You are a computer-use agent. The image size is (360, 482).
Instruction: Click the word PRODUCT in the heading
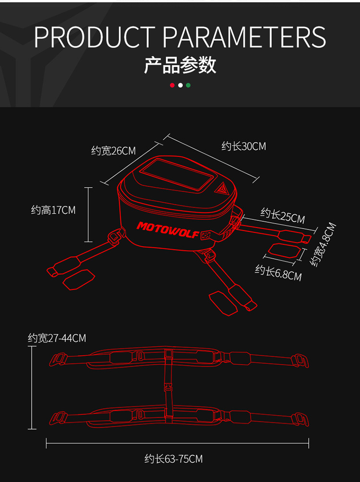[95, 37]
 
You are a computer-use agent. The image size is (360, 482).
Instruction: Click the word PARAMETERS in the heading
[244, 37]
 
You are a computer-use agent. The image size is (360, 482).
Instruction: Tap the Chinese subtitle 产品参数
[180, 65]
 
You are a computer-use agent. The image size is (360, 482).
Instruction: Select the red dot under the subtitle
[172, 85]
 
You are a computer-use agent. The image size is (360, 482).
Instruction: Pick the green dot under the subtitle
[188, 85]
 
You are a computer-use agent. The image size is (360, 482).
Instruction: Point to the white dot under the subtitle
[180, 85]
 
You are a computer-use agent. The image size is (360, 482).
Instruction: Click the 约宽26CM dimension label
[113, 151]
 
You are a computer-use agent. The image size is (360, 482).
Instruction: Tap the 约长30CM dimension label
[244, 146]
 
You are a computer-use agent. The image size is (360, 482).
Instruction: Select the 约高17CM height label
[53, 210]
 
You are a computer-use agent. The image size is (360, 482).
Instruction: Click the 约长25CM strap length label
[283, 216]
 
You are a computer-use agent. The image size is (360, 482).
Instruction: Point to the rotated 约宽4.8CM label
[323, 244]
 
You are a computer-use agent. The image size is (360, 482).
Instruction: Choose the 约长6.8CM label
[278, 273]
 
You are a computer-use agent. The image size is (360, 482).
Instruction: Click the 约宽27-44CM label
[57, 338]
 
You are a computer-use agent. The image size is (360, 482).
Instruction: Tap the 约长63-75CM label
[174, 458]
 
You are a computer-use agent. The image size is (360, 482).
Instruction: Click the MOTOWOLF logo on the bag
[168, 230]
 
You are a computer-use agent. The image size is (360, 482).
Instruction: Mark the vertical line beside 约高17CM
[88, 215]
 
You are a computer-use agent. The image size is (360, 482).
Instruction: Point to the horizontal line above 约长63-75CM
[178, 443]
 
